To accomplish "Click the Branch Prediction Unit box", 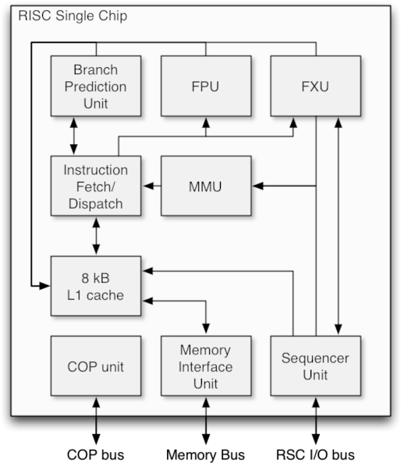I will pos(96,86).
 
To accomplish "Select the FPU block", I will pos(206,86).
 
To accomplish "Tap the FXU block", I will pos(315,86).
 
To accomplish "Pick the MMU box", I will pos(206,186).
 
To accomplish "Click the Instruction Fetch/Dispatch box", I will pos(96,186).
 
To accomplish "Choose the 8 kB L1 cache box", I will pos(96,286).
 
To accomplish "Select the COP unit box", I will pos(96,366).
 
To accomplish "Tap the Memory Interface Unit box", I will pos(206,366).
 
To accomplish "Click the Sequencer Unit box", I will pos(315,366).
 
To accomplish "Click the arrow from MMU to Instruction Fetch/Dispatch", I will pos(151,186).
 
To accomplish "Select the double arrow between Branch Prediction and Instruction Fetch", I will pos(74,136).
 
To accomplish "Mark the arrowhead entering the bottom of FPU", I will pos(206,121).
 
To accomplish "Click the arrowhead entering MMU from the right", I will pos(257,186).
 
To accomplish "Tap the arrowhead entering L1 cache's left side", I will pos(45,286).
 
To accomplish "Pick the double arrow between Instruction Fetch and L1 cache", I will pos(96,236).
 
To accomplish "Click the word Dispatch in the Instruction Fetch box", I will pos(96,204).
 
